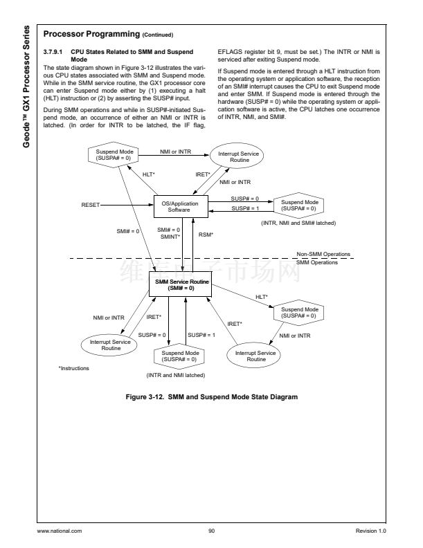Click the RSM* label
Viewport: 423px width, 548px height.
(x=206, y=234)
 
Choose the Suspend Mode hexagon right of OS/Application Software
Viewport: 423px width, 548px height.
(x=298, y=205)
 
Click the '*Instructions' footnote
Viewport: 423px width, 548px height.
(x=75, y=368)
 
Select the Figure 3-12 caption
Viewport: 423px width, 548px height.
(x=212, y=397)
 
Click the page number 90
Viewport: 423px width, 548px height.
(x=211, y=531)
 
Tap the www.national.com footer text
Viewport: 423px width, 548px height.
(x=64, y=531)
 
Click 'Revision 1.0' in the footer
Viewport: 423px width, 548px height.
(x=370, y=531)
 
